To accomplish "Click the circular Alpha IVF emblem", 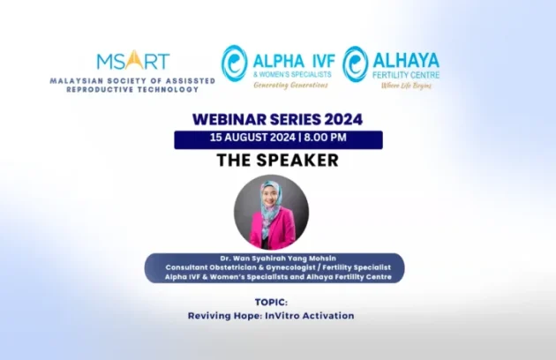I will [235, 64].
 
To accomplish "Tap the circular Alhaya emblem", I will [356, 64].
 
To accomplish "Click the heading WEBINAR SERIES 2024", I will [277, 120].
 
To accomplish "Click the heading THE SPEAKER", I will [277, 161].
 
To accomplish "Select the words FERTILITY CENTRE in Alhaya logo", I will [407, 76].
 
